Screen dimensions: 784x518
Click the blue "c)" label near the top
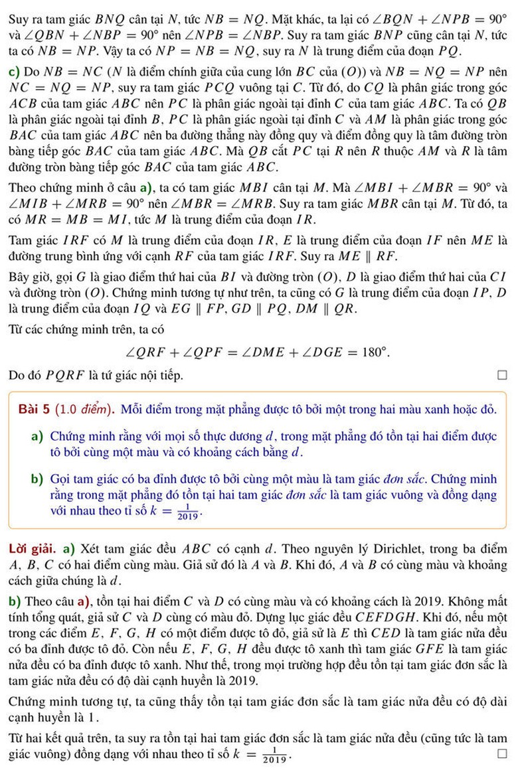point(15,71)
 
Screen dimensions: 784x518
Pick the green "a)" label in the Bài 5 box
point(37,437)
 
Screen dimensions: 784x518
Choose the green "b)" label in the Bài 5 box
point(37,479)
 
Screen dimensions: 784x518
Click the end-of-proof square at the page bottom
point(501,754)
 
